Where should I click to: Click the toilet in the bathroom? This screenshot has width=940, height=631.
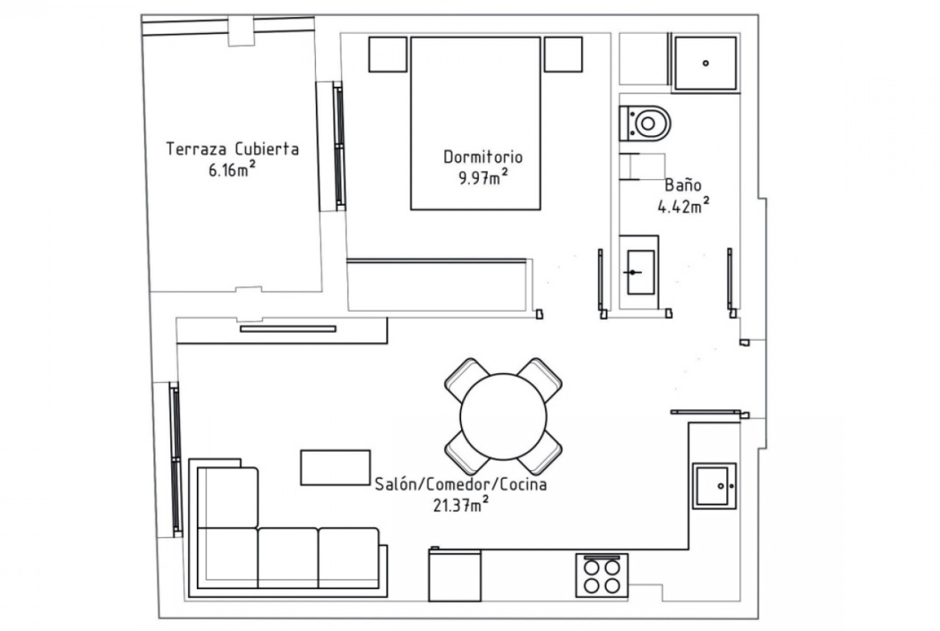[644, 124]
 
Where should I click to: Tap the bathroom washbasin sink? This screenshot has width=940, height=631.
[640, 272]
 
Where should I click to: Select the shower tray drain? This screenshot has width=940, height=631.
[705, 63]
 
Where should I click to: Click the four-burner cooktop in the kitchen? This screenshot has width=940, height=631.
[602, 576]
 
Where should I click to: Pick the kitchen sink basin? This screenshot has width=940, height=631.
[714, 486]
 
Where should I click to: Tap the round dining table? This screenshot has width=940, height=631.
[504, 416]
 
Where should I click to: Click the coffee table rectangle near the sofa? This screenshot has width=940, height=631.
[335, 467]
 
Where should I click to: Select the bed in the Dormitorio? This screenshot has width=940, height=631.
[476, 124]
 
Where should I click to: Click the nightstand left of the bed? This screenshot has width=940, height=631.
[388, 55]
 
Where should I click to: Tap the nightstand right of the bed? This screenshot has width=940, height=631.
[563, 55]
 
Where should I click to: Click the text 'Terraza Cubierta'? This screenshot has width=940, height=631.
[233, 149]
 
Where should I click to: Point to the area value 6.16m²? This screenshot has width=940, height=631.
[232, 170]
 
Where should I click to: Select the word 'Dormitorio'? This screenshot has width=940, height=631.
[483, 158]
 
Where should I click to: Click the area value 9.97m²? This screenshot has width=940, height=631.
[484, 178]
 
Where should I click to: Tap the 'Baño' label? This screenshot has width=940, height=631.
[683, 185]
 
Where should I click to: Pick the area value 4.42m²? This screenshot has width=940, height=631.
[684, 207]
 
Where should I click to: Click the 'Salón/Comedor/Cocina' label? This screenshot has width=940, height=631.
[461, 484]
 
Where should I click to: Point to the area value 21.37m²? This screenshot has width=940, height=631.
[460, 505]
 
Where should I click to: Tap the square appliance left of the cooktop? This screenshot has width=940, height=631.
[455, 575]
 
